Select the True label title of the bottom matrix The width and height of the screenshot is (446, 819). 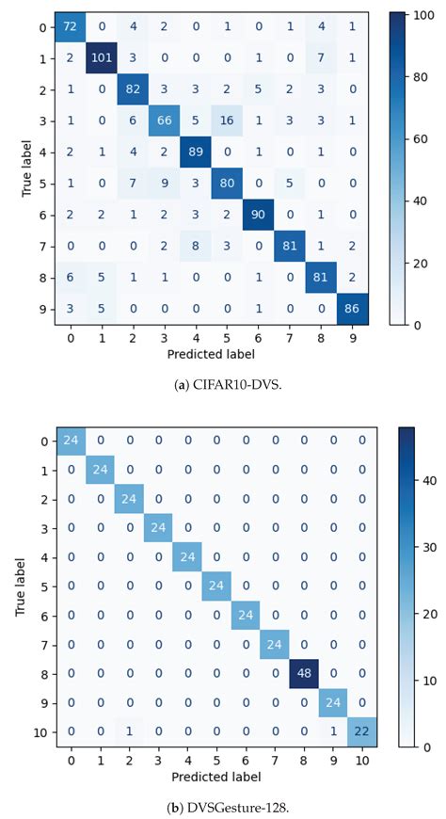tap(18, 584)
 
